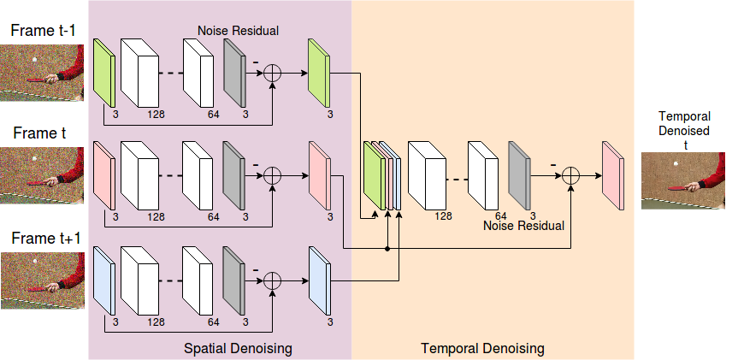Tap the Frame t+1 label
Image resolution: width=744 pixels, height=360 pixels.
tap(45, 238)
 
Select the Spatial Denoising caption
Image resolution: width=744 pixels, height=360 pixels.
tap(238, 349)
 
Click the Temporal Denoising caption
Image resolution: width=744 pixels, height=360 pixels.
tap(482, 349)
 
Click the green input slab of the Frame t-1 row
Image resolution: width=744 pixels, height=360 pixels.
tap(104, 73)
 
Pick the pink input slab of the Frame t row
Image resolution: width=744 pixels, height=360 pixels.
tap(104, 175)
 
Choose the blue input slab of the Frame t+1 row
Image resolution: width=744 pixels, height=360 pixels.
tap(104, 280)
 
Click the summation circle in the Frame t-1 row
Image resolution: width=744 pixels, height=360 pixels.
tap(272, 73)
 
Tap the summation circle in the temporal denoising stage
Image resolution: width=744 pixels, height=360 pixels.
tap(570, 176)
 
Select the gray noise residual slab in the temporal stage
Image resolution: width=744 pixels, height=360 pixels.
tap(519, 175)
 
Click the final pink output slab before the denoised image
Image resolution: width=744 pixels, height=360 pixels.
tap(613, 175)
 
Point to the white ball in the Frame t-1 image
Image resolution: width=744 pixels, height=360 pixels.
tap(33, 60)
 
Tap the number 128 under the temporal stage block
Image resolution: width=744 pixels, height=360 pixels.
tap(443, 216)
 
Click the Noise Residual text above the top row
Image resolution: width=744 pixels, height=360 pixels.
tap(238, 31)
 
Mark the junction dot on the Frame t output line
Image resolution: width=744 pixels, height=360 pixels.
tap(387, 249)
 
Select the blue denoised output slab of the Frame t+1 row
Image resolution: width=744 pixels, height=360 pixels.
tap(320, 280)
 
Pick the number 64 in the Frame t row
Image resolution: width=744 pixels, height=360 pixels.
tap(214, 217)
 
